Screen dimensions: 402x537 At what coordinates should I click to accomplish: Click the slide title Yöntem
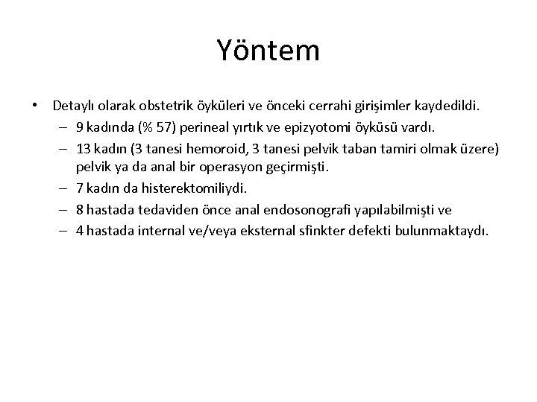268,51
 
